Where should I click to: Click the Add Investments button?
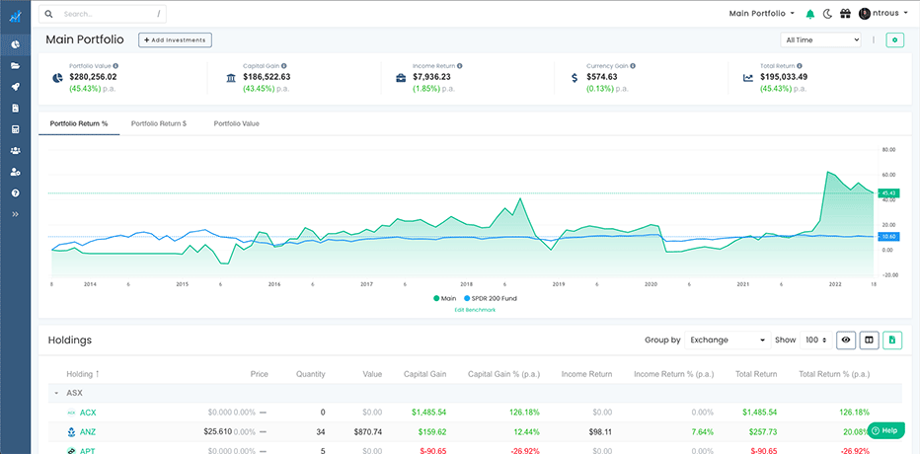point(175,39)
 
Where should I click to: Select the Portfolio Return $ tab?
point(158,123)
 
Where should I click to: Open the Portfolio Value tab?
point(236,123)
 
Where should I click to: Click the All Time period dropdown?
point(820,40)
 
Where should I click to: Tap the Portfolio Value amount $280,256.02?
point(93,77)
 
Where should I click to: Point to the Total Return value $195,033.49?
point(784,77)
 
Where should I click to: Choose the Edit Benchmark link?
point(475,310)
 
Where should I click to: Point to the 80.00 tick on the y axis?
point(887,150)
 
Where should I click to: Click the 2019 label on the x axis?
point(559,283)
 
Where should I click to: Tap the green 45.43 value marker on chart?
point(888,193)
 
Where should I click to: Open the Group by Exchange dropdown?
point(728,340)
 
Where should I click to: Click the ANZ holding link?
point(88,432)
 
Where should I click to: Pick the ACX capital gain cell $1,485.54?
point(425,412)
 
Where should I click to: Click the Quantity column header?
point(310,374)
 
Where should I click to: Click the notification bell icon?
point(810,14)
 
